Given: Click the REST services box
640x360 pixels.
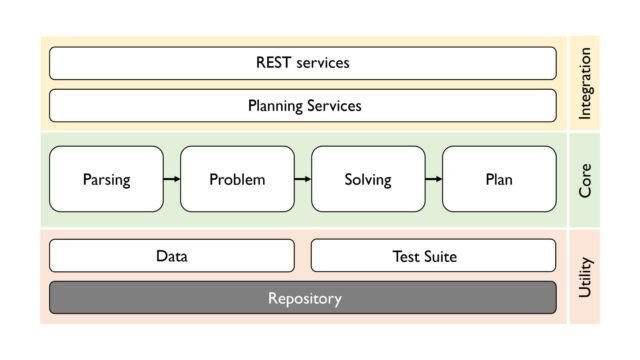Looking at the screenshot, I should tap(302, 63).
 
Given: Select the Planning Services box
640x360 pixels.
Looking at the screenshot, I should tap(302, 105).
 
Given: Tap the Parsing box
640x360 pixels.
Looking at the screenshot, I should tap(106, 180).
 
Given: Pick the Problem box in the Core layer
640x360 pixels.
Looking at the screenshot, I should tap(237, 180).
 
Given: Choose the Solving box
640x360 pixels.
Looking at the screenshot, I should tap(368, 180).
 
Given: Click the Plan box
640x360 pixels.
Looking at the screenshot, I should tap(498, 180).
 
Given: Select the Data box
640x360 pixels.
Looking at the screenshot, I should tap(172, 256).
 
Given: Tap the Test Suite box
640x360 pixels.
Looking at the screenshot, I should tap(432, 256).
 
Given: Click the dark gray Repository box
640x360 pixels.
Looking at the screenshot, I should tap(302, 298).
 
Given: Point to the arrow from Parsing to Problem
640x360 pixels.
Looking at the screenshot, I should tap(172, 180).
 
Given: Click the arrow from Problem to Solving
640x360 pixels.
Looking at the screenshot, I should tap(302, 180).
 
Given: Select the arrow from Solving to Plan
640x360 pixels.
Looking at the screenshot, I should tap(433, 180).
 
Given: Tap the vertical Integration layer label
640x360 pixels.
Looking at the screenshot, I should tap(585, 85).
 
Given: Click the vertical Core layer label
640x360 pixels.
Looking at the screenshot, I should tap(585, 180).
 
